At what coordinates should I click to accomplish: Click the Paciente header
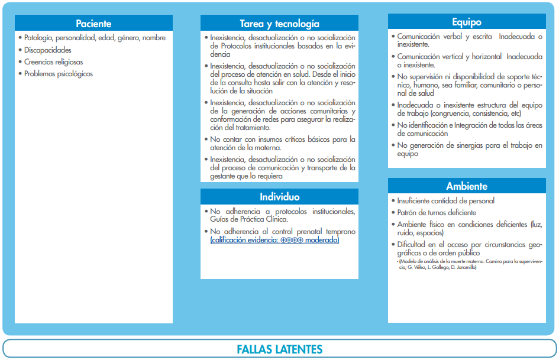(93, 24)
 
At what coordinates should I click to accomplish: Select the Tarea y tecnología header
(279, 24)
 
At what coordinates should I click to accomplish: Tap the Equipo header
(466, 22)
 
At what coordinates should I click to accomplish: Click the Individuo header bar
(279, 197)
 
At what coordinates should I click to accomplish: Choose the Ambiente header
(466, 186)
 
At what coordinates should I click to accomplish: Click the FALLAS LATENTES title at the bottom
(279, 349)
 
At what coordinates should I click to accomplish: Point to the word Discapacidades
(48, 50)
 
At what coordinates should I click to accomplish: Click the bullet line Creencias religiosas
(53, 62)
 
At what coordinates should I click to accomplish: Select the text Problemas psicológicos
(58, 74)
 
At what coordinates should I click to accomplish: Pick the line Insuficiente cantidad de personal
(446, 200)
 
